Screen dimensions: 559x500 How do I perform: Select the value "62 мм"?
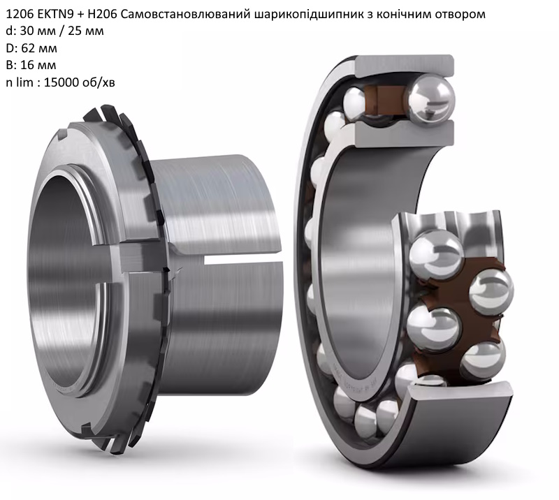40,48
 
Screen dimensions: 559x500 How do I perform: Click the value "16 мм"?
38,65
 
